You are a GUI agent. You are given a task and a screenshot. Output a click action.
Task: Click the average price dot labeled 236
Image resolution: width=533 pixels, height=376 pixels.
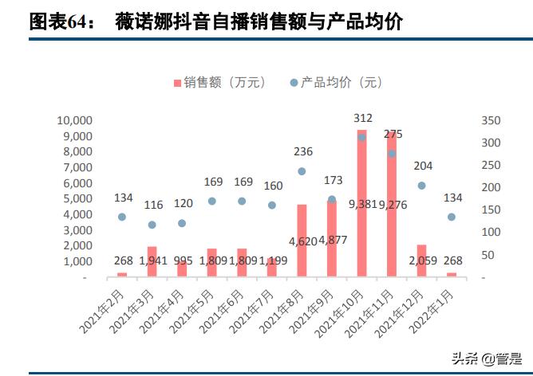[302, 171]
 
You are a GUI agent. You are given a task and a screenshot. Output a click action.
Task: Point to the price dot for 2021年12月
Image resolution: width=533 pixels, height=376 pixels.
[421, 186]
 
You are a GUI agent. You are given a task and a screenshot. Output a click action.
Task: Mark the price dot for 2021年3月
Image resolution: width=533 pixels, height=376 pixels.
[152, 225]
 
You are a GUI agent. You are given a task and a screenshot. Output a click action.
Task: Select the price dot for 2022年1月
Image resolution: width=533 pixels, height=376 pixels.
[452, 217]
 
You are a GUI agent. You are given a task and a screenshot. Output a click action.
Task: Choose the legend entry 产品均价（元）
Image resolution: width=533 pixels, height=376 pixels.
[336, 82]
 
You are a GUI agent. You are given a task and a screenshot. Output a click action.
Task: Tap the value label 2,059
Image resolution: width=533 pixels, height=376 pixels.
[421, 260]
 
